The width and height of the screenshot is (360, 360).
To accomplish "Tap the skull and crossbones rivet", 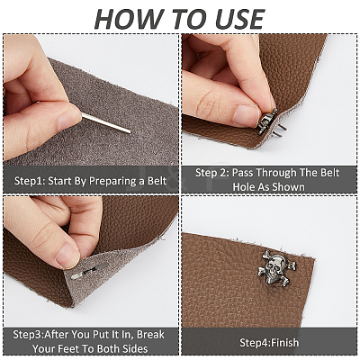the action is coord(277,267).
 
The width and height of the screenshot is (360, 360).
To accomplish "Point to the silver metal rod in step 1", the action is coord(106,123).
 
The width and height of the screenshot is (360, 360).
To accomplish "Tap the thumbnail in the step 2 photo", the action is coord(246,114).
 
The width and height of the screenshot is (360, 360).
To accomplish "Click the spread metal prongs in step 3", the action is coord(89,271).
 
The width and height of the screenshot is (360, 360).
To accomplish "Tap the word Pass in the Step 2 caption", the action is coord(243,173).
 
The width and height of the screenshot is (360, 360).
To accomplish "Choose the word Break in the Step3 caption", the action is coord(150,334).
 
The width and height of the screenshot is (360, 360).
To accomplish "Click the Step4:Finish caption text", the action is coord(269,343).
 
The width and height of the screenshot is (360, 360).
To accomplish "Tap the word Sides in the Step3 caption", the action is coord(135,348).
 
